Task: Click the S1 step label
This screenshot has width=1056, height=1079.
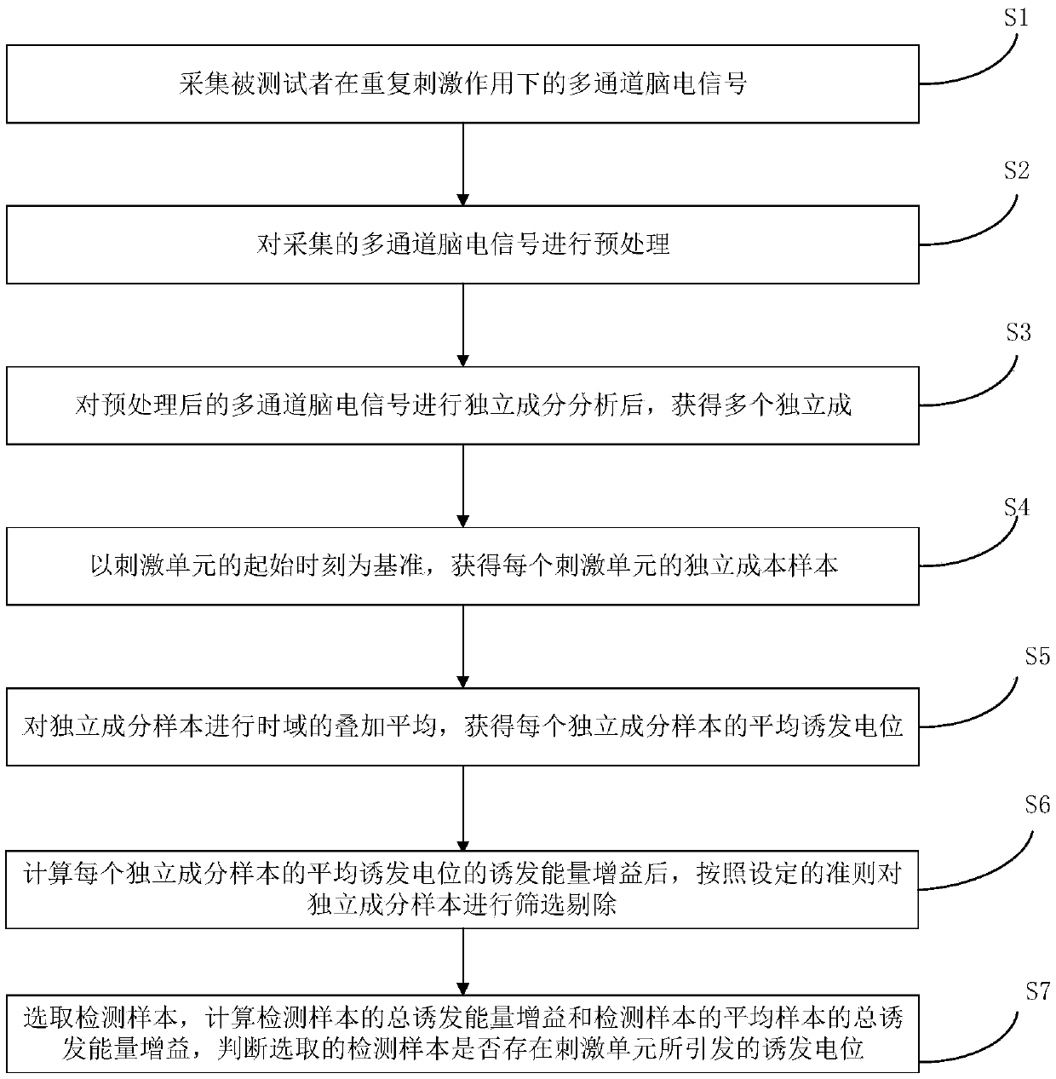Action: pyautogui.click(x=1015, y=19)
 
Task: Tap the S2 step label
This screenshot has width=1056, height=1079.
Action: pyautogui.click(x=1016, y=171)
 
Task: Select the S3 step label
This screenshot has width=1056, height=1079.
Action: pyautogui.click(x=1018, y=332)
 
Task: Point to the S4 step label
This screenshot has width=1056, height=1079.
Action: pyautogui.click(x=1016, y=508)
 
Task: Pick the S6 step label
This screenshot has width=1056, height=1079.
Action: pyautogui.click(x=1037, y=806)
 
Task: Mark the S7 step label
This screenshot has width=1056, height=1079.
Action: pyautogui.click(x=1037, y=990)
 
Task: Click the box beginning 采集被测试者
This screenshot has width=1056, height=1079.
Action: pyautogui.click(x=462, y=83)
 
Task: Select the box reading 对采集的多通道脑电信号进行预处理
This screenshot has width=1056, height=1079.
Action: pyautogui.click(x=462, y=244)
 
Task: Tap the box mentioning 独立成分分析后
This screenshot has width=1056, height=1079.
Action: pyautogui.click(x=462, y=405)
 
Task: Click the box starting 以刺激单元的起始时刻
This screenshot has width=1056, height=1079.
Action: pyautogui.click(x=462, y=566)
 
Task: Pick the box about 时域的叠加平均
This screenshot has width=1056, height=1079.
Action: pyautogui.click(x=462, y=726)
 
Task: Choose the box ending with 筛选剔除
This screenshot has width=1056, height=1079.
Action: pyautogui.click(x=462, y=889)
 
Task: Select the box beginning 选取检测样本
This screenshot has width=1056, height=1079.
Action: pyautogui.click(x=462, y=1031)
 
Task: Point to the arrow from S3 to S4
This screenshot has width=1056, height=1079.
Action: pyautogui.click(x=462, y=486)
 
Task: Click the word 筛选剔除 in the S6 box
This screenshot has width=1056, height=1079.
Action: pyautogui.click(x=570, y=905)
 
